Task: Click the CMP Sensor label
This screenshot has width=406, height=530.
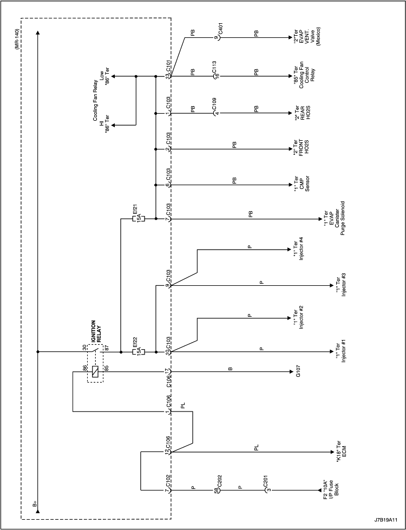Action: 301,185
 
